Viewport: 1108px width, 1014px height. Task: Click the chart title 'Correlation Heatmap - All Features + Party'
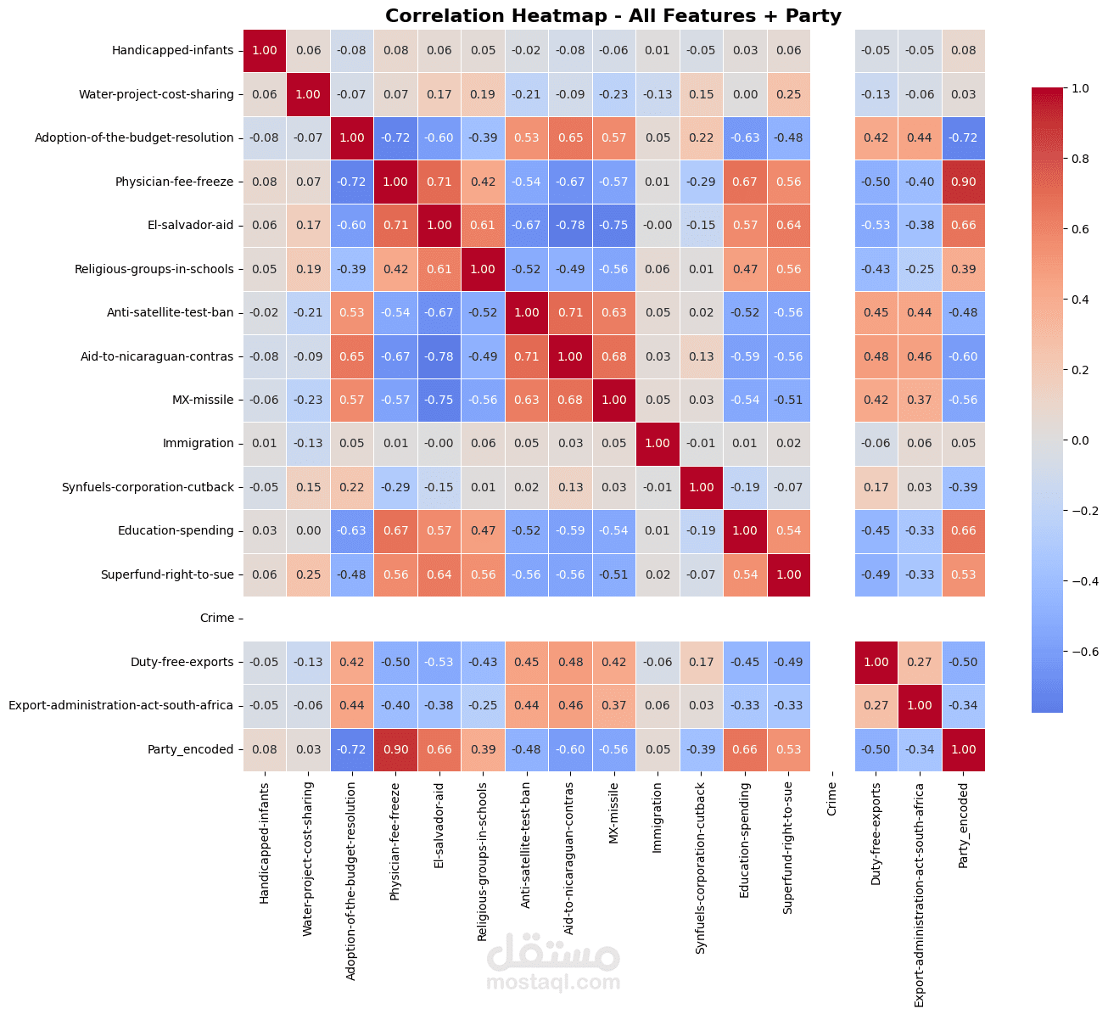coord(613,15)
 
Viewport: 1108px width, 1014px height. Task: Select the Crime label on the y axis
coord(217,618)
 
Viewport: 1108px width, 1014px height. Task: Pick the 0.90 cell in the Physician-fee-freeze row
coord(963,182)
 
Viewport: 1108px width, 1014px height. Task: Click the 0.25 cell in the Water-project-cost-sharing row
coord(788,94)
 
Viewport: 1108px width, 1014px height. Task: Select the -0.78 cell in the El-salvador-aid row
coord(570,225)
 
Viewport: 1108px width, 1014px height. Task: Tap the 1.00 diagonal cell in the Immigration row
coord(658,443)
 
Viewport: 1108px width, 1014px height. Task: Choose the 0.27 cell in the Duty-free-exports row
coord(920,662)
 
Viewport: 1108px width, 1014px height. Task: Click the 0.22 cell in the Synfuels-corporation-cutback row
coord(352,487)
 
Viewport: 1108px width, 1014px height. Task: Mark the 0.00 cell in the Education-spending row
coord(308,530)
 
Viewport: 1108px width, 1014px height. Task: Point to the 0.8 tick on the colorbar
coord(1080,158)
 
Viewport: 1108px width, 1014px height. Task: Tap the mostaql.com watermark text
coord(553,983)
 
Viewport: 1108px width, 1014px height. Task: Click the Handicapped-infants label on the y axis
coord(172,50)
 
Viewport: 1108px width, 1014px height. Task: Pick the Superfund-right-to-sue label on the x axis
coord(788,848)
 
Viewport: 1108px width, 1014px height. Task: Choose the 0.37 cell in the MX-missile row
coord(920,400)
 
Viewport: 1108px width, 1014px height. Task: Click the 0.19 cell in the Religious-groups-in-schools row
coord(308,269)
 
